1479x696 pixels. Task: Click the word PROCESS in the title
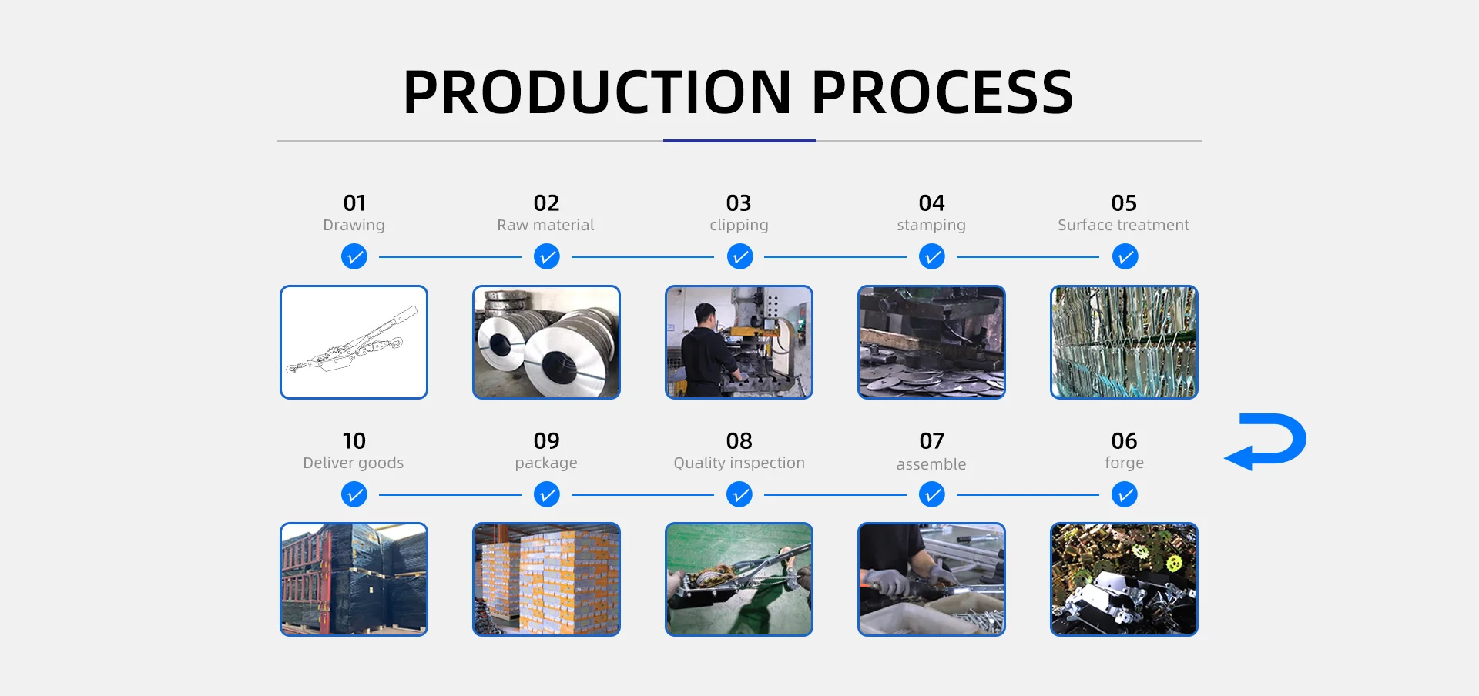point(942,92)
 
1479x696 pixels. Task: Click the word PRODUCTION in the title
point(598,92)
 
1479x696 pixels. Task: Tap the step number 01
point(354,203)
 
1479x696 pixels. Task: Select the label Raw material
point(545,225)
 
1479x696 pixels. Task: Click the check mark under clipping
point(739,256)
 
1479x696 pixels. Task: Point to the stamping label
point(931,226)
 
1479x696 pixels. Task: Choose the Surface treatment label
point(1124,225)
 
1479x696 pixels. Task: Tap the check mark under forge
point(1125,494)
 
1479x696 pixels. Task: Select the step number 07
point(931,441)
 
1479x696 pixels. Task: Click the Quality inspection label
point(739,463)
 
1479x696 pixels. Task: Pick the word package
point(546,463)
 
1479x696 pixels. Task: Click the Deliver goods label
point(354,463)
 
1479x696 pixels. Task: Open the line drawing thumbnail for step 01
point(354,342)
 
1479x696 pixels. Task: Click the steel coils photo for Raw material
point(546,342)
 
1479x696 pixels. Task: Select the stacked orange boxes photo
point(546,579)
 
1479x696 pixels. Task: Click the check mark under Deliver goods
point(354,494)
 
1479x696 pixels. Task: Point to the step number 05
point(1124,203)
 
